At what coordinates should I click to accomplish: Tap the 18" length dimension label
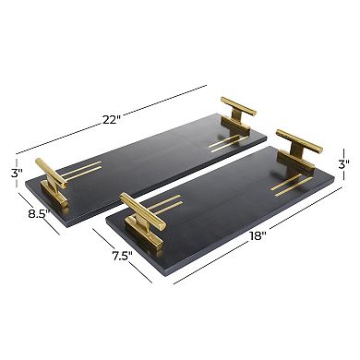point(258,237)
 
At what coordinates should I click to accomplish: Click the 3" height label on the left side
point(16,173)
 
